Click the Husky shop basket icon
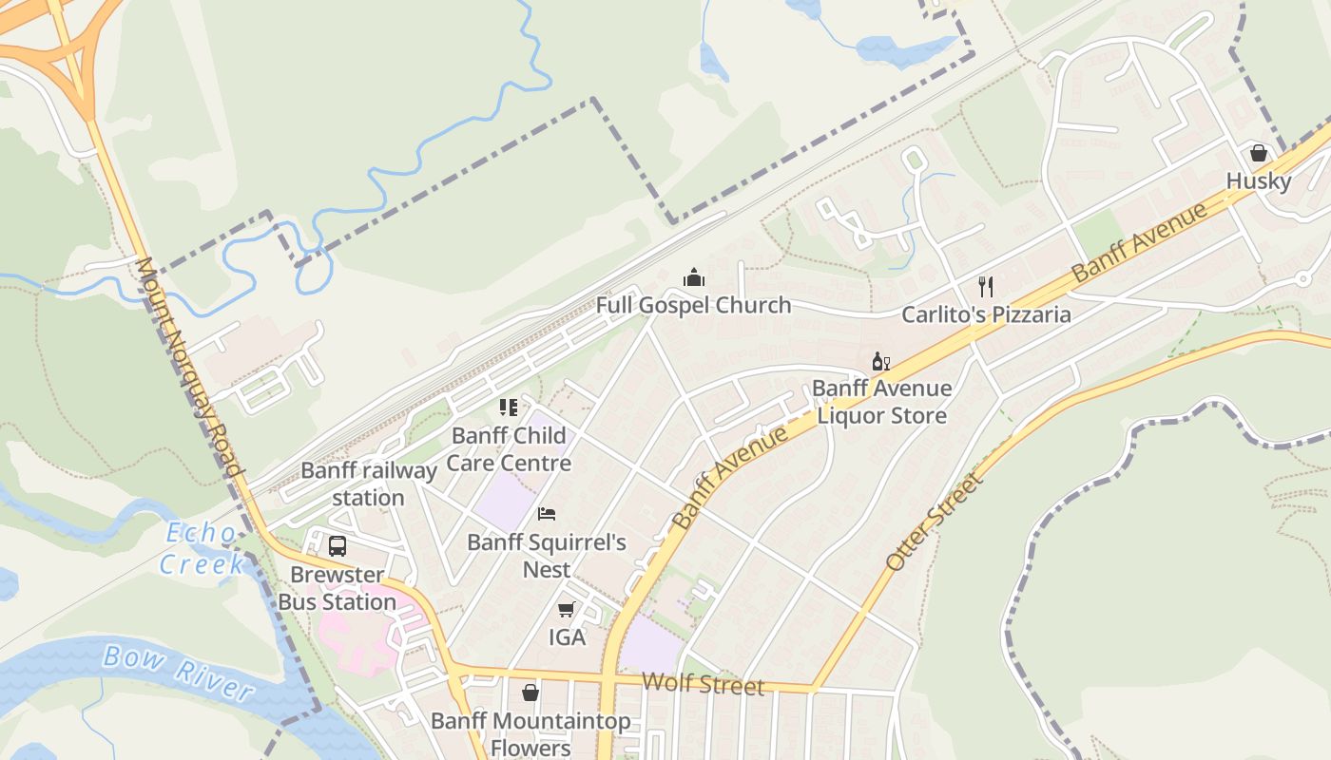1259,153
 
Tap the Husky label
1258,181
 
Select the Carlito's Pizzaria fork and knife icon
986,286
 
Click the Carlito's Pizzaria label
986,314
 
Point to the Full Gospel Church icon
694,277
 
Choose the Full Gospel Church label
693,305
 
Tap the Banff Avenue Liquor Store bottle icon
881,361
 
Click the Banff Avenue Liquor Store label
881,402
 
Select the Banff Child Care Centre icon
509,408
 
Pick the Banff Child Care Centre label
509,449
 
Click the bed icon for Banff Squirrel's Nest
547,514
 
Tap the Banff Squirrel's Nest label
547,556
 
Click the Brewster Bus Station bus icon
338,546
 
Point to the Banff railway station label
368,484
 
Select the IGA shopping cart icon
567,609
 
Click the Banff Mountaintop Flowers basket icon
530,693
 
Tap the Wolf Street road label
703,684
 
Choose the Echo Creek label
201,548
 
